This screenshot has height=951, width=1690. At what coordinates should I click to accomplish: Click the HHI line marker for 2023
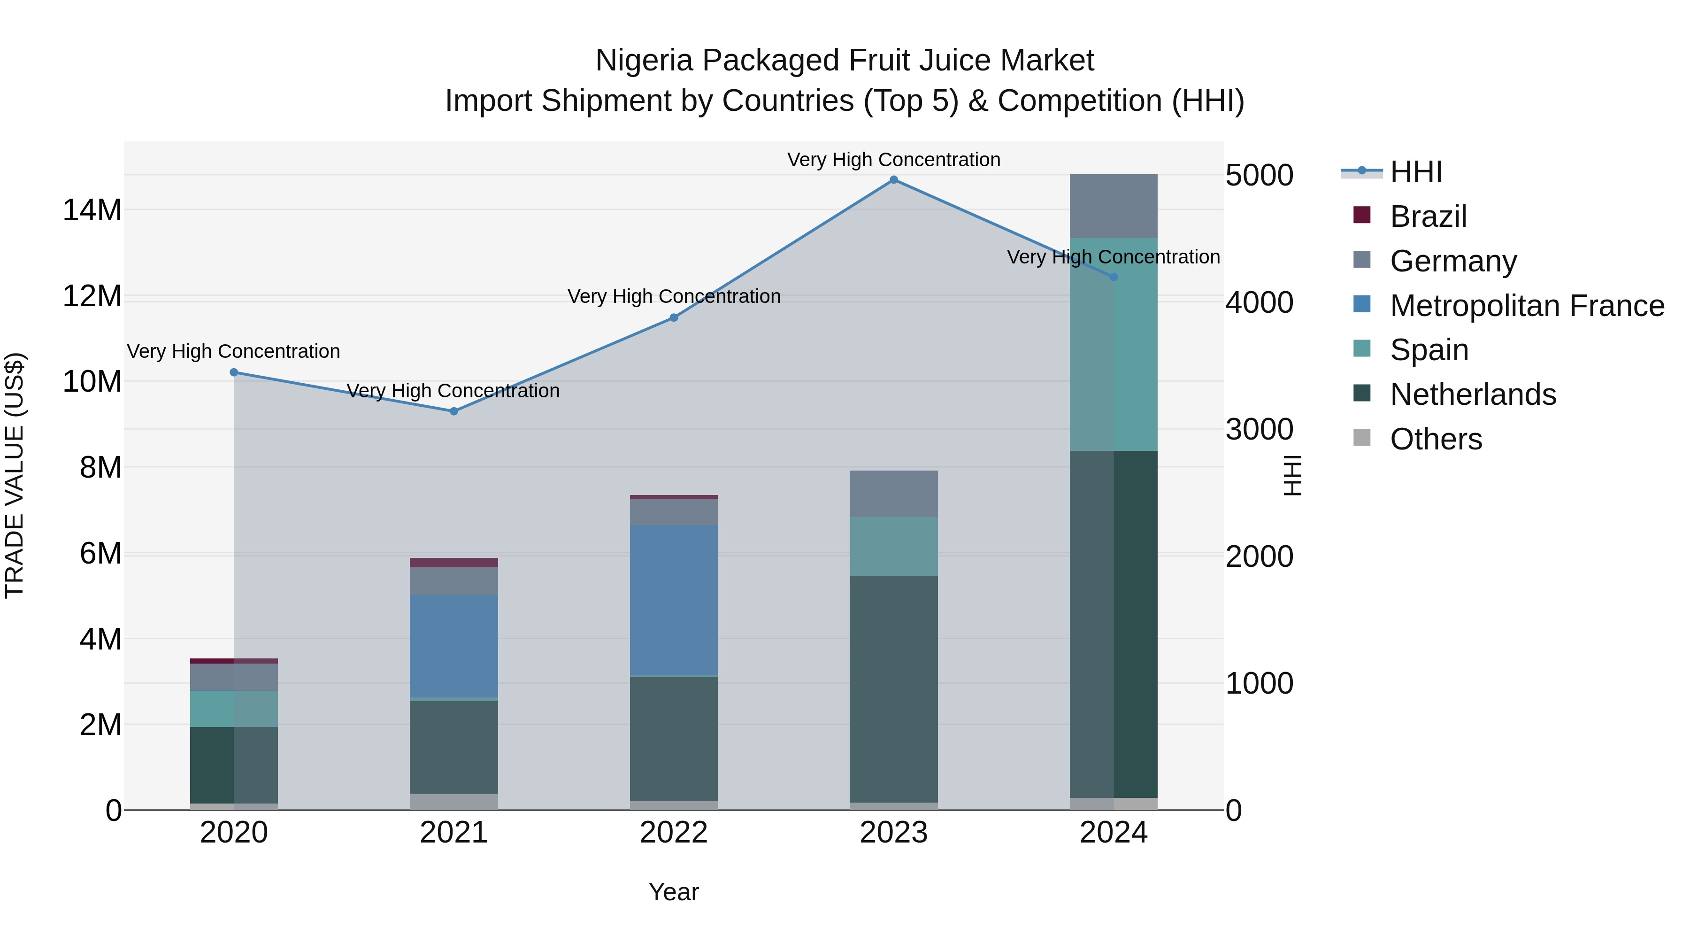tap(893, 180)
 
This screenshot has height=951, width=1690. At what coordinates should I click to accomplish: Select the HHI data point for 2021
tap(454, 411)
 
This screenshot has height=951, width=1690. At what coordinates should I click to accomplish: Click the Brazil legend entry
tap(1428, 216)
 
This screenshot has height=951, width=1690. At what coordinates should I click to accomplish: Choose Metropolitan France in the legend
tap(1527, 306)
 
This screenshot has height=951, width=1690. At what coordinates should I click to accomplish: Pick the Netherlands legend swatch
tap(1362, 394)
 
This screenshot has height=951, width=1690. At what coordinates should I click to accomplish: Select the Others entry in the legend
tap(1436, 439)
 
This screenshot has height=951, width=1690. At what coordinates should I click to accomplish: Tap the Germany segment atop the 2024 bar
tap(1114, 206)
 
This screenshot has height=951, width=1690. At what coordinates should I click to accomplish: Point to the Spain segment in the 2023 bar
tap(893, 546)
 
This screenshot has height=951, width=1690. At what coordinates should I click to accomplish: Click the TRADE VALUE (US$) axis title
tap(15, 475)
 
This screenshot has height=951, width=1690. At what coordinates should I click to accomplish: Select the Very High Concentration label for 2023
tap(893, 160)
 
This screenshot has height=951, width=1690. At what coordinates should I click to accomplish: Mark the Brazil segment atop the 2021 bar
tap(454, 563)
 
